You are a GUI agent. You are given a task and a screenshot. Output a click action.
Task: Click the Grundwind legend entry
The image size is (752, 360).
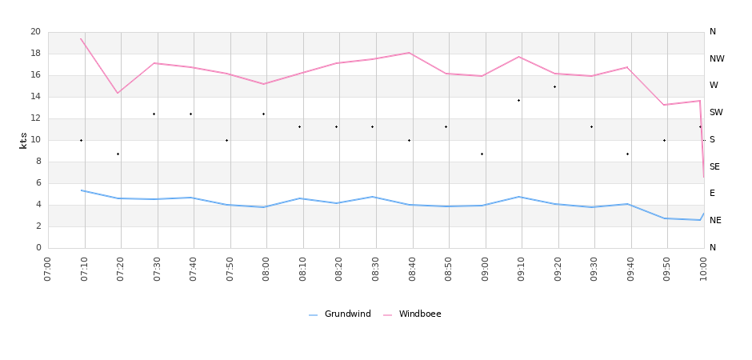340,314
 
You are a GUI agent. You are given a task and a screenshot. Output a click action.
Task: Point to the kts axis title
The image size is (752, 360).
23,140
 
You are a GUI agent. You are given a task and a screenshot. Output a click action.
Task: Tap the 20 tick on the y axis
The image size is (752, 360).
35,32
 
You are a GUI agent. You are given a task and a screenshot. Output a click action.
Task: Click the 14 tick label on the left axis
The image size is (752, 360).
35,97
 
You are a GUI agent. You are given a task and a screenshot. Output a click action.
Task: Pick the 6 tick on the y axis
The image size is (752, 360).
38,183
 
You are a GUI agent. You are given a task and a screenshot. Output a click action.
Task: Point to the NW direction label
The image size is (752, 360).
717,58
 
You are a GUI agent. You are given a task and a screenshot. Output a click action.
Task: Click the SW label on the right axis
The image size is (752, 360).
716,113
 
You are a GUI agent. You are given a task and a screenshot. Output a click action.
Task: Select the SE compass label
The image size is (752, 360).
714,166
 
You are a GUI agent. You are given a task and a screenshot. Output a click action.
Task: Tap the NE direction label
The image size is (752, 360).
715,220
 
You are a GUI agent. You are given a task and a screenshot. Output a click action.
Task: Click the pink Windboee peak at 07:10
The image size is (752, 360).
82,38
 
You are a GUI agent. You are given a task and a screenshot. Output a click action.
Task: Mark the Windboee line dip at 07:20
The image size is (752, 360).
118,94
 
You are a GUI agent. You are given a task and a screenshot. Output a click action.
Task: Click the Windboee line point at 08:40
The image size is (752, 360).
410,53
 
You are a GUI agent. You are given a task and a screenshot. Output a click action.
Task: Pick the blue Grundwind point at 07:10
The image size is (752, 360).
82,190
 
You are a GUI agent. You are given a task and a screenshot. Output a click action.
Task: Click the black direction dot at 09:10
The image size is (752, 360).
518,100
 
